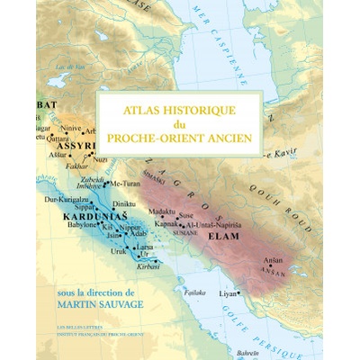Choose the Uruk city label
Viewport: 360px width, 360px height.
pos(117,251)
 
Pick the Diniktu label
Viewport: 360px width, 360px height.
pos(124,204)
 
